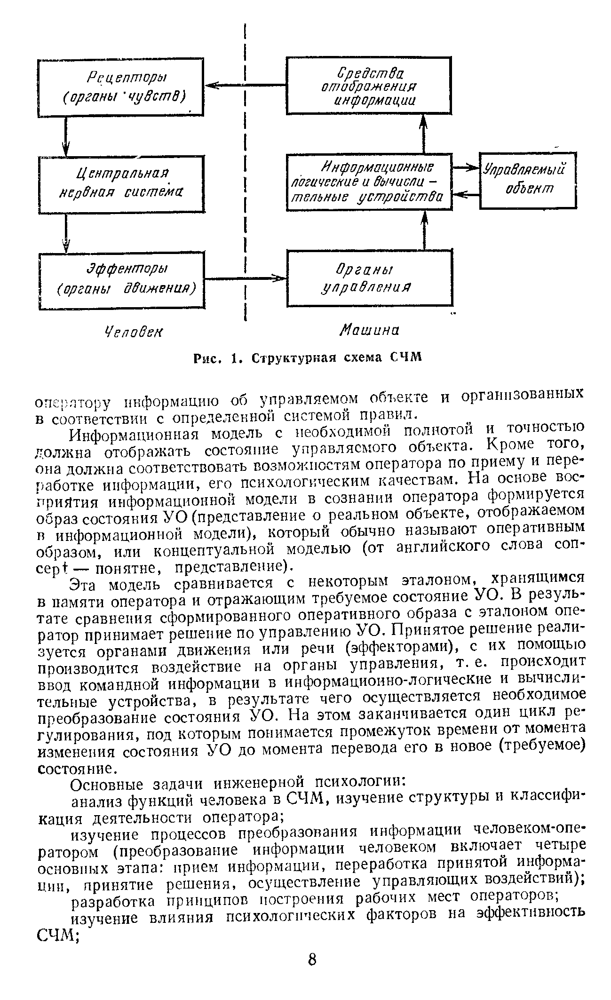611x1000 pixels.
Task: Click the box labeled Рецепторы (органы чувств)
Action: coord(121,87)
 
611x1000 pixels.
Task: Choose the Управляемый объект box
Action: coord(527,180)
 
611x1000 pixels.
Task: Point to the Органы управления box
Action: coord(369,278)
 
